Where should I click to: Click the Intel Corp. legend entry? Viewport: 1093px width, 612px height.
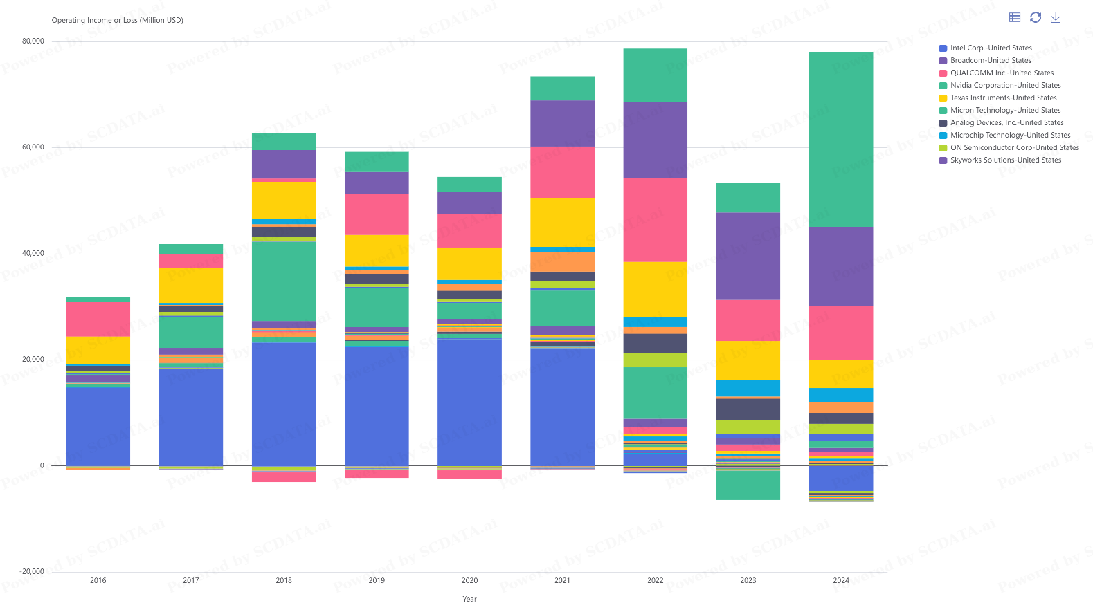pos(991,48)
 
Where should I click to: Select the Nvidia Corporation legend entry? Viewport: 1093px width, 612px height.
pos(1005,86)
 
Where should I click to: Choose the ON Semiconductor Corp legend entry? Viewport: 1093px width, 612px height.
pos(1014,148)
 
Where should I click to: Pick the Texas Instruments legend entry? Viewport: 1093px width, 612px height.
pos(1003,98)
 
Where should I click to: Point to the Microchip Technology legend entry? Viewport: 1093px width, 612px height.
pos(1010,136)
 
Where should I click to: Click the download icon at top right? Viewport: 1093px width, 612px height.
pos(1056,18)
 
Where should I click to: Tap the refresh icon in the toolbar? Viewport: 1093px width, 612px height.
pos(1036,18)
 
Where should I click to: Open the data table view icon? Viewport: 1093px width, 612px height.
pos(1015,18)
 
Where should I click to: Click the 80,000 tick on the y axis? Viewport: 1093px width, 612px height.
pos(33,41)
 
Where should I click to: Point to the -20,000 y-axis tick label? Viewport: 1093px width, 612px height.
pos(32,572)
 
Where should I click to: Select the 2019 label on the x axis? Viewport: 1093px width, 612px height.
pos(377,581)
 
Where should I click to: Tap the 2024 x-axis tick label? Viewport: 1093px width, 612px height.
pos(841,581)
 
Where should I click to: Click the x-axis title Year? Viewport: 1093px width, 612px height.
pos(469,600)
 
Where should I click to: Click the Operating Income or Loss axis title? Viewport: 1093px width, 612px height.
pos(118,21)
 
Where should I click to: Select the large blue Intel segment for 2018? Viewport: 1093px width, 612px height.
pos(284,404)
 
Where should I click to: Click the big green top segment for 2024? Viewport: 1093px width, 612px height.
pos(841,139)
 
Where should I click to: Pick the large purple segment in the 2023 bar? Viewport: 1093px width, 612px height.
pos(748,256)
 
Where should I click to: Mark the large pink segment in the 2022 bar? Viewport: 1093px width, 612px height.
pos(656,220)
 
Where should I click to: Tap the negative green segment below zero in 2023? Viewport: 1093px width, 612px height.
pos(748,485)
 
